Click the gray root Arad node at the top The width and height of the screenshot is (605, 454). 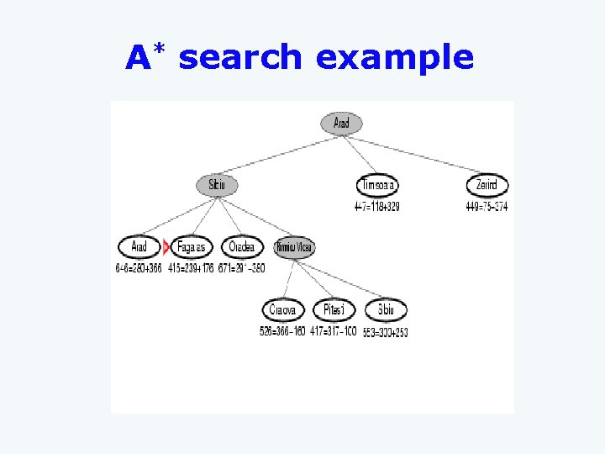[x=341, y=124]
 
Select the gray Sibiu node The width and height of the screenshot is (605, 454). [x=217, y=185]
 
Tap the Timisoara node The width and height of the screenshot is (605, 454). [x=377, y=185]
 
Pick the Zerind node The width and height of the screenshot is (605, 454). [x=487, y=185]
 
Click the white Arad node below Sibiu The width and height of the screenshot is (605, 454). [x=139, y=247]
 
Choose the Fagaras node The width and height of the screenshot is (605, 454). [x=192, y=247]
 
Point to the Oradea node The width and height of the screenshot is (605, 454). [x=241, y=247]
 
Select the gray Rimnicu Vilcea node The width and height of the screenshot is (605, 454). [x=294, y=247]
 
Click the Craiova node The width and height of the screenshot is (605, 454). [x=283, y=310]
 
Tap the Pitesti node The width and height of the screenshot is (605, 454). [x=334, y=310]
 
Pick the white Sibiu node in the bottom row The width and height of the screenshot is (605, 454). [x=386, y=310]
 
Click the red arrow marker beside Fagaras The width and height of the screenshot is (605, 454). [x=166, y=247]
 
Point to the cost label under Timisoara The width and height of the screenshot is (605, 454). [x=376, y=207]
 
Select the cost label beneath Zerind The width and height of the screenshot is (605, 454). [x=487, y=207]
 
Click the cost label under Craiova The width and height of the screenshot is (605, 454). [x=283, y=332]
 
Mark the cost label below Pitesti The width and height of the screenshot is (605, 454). [x=334, y=332]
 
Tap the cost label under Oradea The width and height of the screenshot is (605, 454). [x=241, y=269]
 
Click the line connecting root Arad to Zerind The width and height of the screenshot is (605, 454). [x=414, y=154]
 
